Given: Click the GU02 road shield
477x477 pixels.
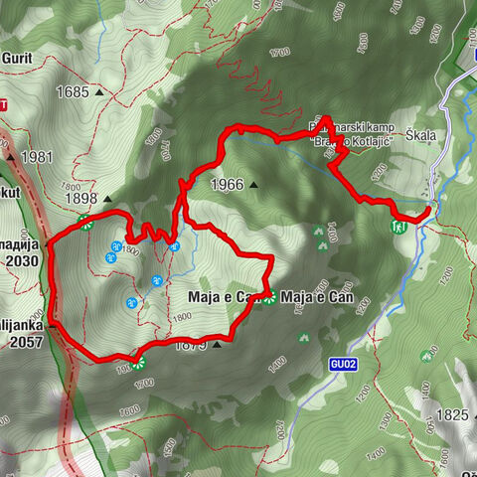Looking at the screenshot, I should click(x=343, y=365).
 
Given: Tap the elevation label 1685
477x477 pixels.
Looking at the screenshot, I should click(x=73, y=92).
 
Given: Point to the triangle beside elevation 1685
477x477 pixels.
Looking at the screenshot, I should click(x=100, y=92).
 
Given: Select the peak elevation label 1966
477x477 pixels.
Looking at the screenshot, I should click(x=227, y=184).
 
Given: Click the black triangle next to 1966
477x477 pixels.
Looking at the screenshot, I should click(x=254, y=184).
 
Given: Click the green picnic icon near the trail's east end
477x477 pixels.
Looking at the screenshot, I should click(x=399, y=227).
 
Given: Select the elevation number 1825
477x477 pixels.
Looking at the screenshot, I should click(x=451, y=413).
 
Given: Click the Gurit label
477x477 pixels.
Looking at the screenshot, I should click(x=18, y=58).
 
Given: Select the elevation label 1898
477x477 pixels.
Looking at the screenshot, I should click(x=81, y=199).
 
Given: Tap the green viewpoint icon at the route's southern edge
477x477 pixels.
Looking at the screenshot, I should click(x=139, y=361).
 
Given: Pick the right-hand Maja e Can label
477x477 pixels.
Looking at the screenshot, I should click(x=319, y=296).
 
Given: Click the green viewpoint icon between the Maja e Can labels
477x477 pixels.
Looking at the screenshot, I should click(x=270, y=297).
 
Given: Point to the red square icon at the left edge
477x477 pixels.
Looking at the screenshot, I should click(x=3, y=104).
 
